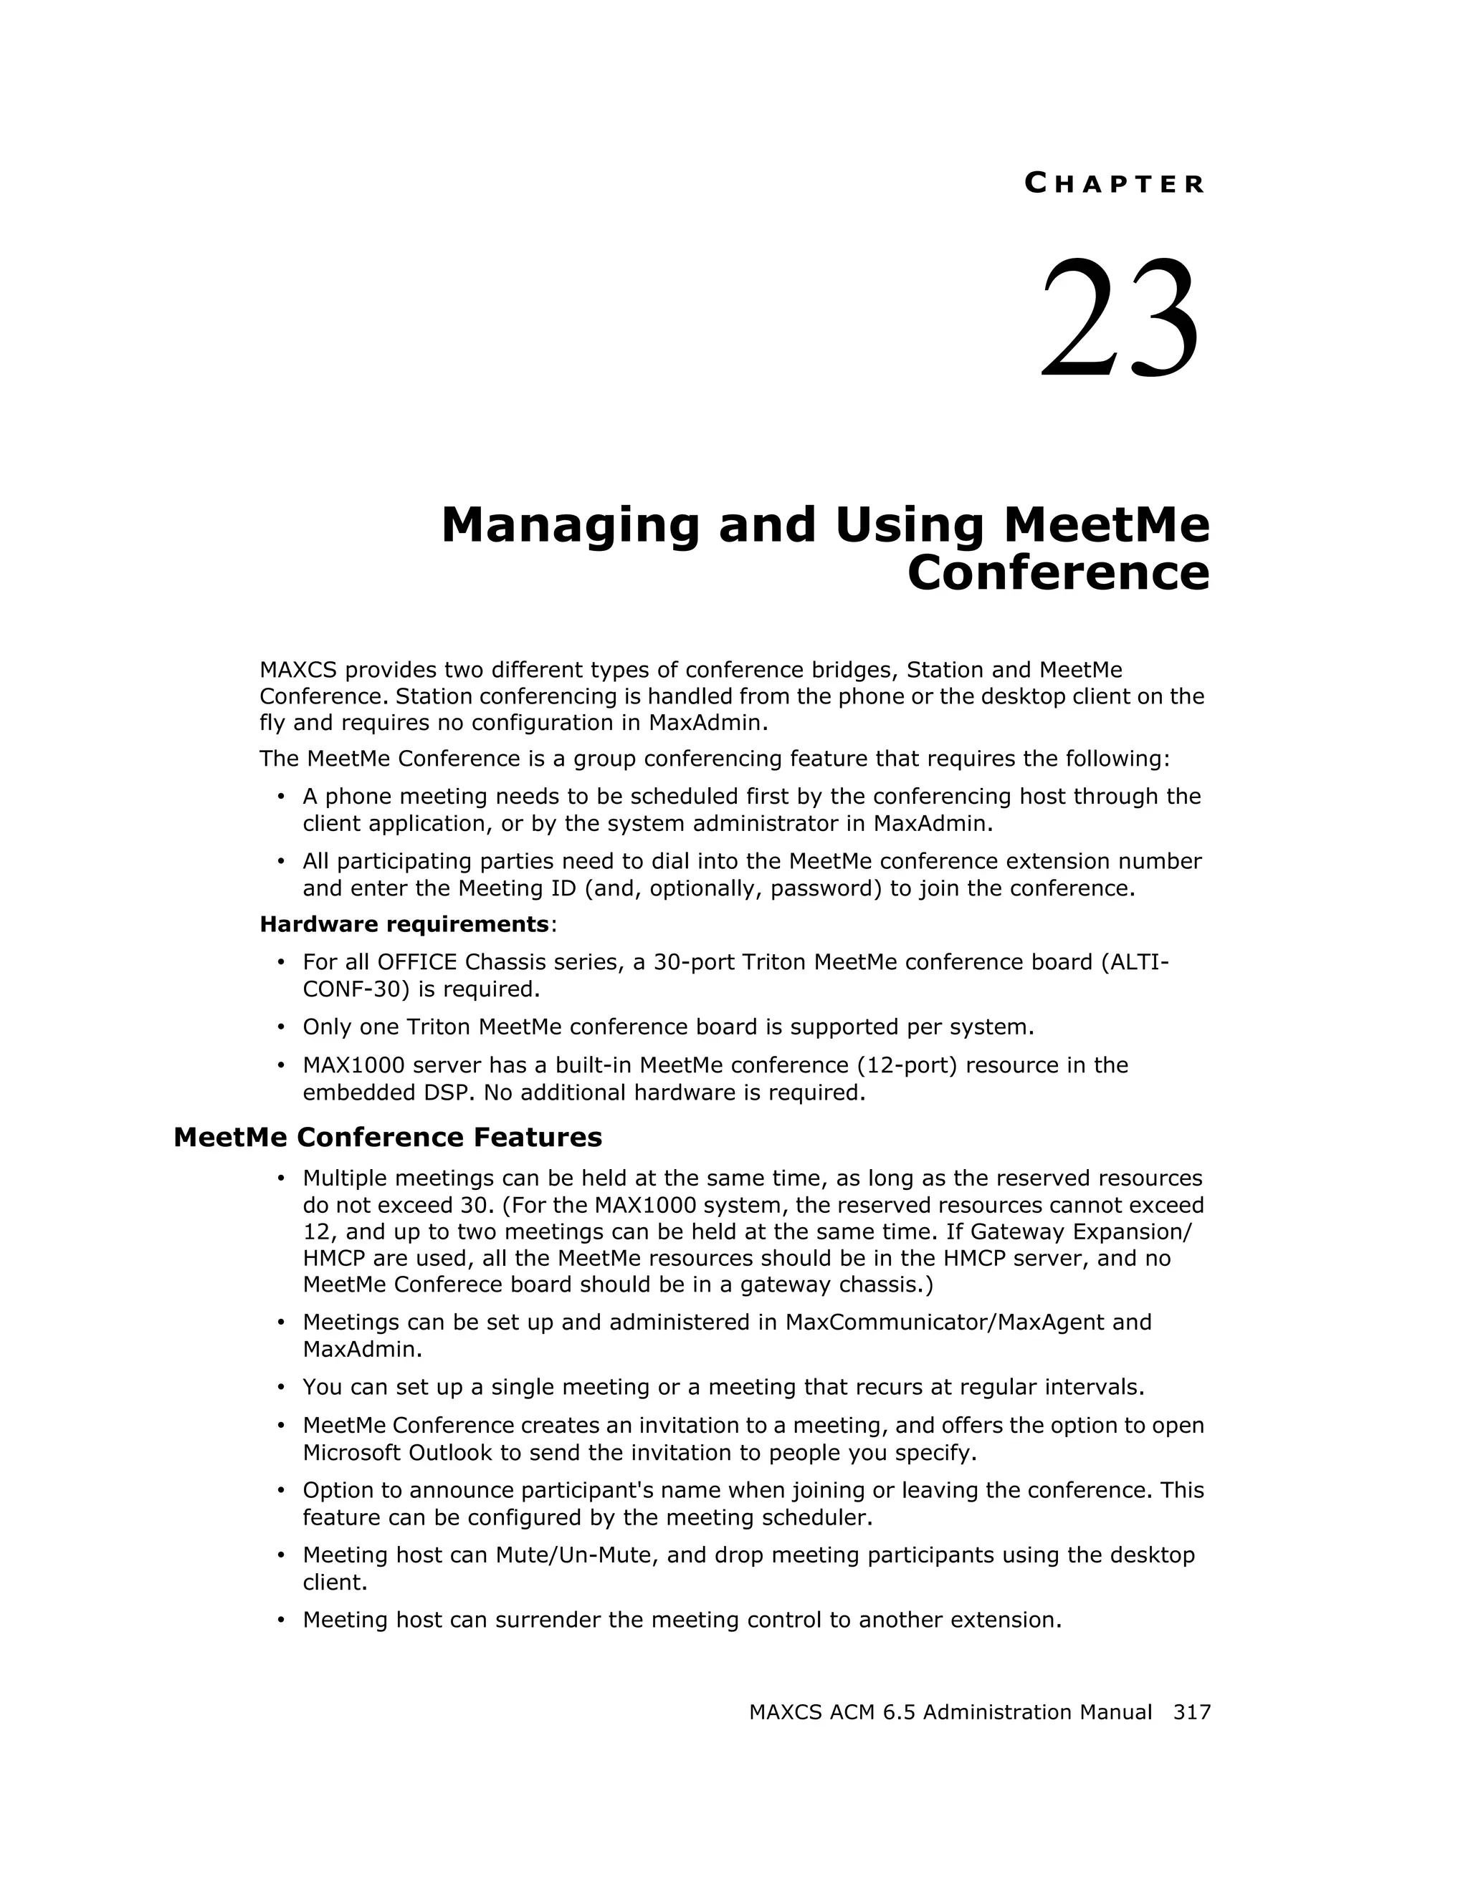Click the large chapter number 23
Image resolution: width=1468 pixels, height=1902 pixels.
pyautogui.click(x=1120, y=318)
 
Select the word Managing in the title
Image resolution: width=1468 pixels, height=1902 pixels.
pyautogui.click(x=570, y=525)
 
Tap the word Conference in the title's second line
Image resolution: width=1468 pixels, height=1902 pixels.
pyautogui.click(x=1058, y=573)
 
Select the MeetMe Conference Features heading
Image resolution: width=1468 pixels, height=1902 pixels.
pyautogui.click(x=388, y=1138)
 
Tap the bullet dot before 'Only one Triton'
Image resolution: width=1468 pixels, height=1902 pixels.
pyautogui.click(x=280, y=1027)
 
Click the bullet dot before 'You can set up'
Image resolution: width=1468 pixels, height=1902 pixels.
pyautogui.click(x=280, y=1388)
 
